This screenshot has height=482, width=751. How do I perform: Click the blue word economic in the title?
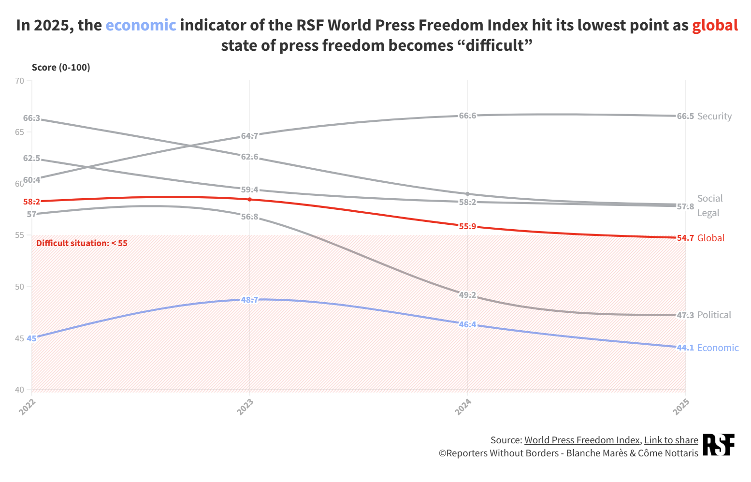pyautogui.click(x=141, y=25)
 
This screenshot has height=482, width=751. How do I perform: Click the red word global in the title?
pyautogui.click(x=715, y=25)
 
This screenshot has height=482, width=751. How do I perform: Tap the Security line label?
pyautogui.click(x=714, y=116)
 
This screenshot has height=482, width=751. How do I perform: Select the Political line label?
pyautogui.click(x=714, y=315)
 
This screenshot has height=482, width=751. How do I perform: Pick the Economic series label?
pyautogui.click(x=718, y=348)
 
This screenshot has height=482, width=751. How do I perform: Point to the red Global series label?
pyautogui.click(x=710, y=238)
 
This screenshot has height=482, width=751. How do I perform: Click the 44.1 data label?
pyautogui.click(x=685, y=348)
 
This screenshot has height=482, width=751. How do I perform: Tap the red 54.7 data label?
pyautogui.click(x=685, y=238)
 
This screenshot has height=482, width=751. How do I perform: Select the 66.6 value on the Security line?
pyautogui.click(x=467, y=116)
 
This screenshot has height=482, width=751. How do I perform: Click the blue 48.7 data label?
pyautogui.click(x=249, y=300)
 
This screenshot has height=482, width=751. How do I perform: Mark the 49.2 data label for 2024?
pyautogui.click(x=467, y=295)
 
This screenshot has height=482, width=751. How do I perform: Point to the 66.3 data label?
pyautogui.click(x=31, y=118)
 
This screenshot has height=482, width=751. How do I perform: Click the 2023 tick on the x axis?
pyautogui.click(x=245, y=407)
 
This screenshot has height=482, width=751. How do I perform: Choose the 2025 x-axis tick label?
pyautogui.click(x=681, y=407)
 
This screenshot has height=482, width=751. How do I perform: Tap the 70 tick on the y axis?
pyautogui.click(x=19, y=81)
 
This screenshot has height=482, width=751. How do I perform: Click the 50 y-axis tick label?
pyautogui.click(x=19, y=287)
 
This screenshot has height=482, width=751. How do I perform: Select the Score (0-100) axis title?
pyautogui.click(x=61, y=67)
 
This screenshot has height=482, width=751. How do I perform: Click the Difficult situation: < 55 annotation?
pyautogui.click(x=82, y=243)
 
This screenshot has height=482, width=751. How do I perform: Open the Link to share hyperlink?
pyautogui.click(x=671, y=440)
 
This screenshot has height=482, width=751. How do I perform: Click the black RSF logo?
pyautogui.click(x=718, y=445)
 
